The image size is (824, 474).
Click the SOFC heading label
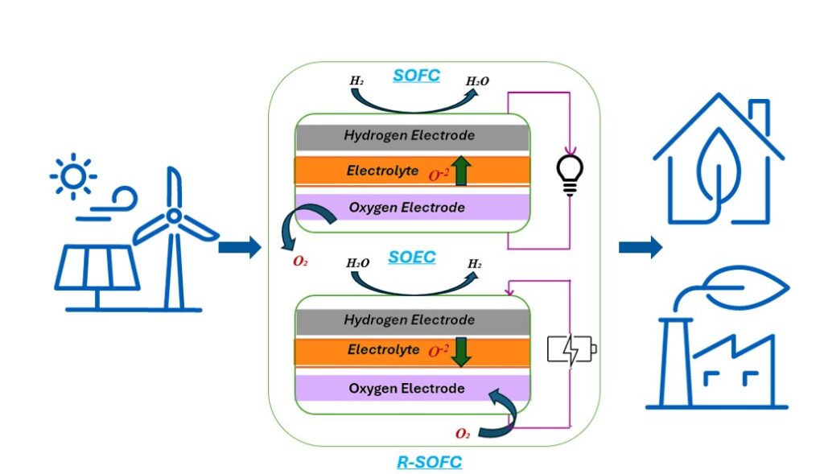tap(416, 75)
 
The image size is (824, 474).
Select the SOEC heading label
tap(412, 258)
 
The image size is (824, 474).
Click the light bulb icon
tap(570, 174)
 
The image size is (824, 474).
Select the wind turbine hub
tap(172, 216)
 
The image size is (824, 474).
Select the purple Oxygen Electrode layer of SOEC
tap(411, 390)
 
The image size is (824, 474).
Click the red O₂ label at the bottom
tap(463, 434)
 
